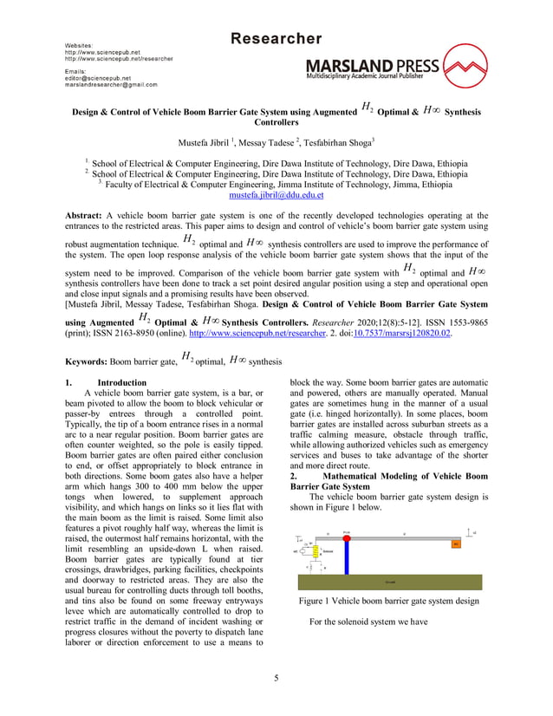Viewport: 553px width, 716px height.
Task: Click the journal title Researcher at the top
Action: point(276,39)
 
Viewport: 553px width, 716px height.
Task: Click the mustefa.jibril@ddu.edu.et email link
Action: point(276,196)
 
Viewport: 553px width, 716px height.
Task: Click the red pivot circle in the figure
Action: point(346,539)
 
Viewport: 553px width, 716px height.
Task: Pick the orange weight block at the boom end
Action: point(456,544)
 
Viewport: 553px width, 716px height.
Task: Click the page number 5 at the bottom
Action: point(276,678)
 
